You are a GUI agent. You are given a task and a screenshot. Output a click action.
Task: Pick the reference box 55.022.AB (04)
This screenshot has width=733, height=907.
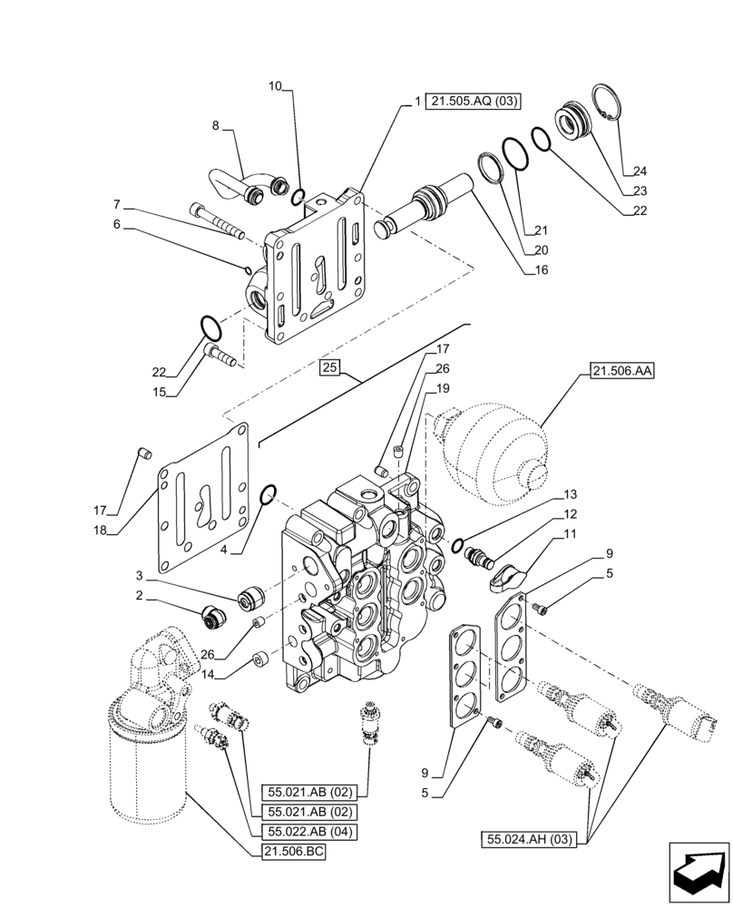click(310, 831)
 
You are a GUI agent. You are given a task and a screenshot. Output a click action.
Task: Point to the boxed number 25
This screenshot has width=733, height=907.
click(329, 367)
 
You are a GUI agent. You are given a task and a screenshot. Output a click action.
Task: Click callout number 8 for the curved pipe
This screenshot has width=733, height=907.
click(216, 126)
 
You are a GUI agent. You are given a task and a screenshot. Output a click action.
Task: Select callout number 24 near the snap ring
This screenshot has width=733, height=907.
click(640, 171)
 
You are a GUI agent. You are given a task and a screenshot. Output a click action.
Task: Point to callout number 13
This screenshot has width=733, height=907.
click(570, 494)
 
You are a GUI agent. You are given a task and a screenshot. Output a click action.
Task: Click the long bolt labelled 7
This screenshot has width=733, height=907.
click(217, 221)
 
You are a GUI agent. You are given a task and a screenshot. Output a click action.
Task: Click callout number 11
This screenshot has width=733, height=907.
click(570, 535)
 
